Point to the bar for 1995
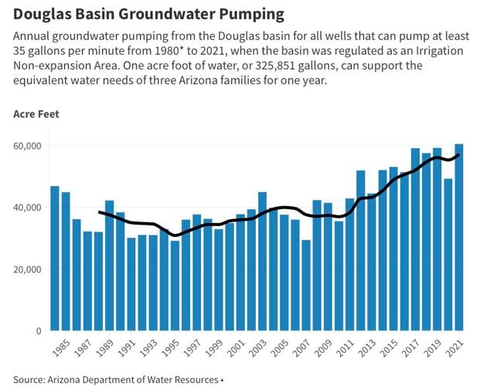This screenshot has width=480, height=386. (175, 286)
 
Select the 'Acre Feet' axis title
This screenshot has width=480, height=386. (36, 114)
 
